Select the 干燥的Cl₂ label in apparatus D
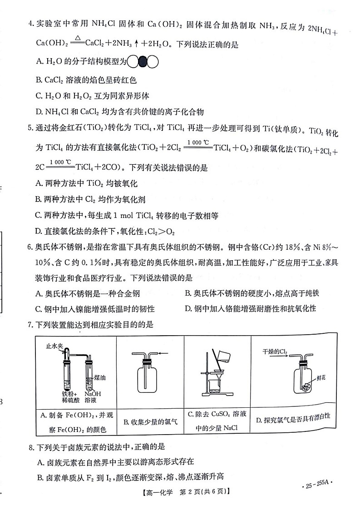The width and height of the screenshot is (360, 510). pos(276,352)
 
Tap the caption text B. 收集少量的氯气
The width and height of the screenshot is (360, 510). pos(150,422)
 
